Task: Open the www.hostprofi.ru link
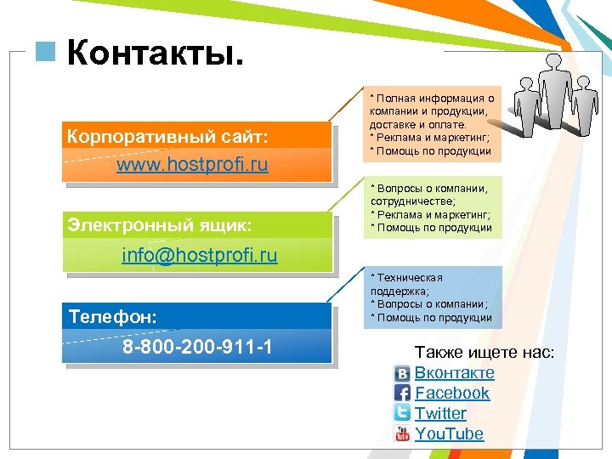point(192,164)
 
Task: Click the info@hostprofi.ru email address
point(200,255)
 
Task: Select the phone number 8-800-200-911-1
point(197,348)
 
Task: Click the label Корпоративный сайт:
point(167,135)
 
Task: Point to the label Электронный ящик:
point(160,225)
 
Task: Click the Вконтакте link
point(454,372)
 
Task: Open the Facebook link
point(452,393)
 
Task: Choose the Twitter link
point(440,413)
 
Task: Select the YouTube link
point(449,433)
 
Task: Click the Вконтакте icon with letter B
point(402,373)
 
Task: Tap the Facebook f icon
point(402,393)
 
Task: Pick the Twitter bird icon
point(402,413)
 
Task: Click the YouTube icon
point(402,433)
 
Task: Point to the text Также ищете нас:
point(484,351)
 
